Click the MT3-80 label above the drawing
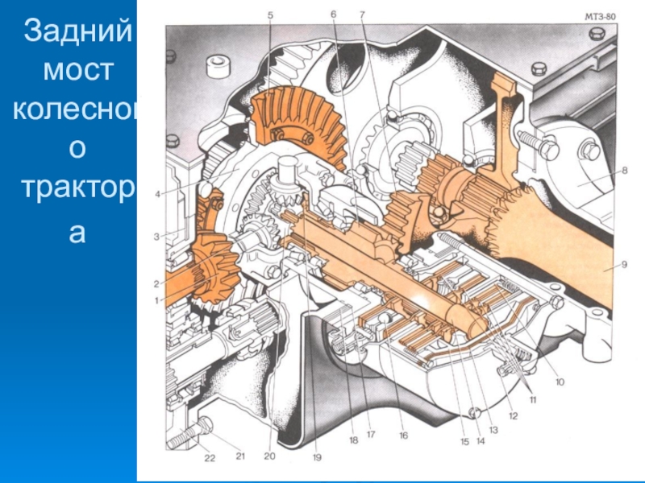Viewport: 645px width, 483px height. pyautogui.click(x=600, y=17)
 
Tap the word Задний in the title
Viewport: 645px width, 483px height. pyautogui.click(x=77, y=31)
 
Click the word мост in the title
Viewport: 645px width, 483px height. pyautogui.click(x=78, y=70)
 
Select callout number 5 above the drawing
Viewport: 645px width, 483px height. pyautogui.click(x=270, y=15)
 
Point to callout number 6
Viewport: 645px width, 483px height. pyautogui.click(x=333, y=14)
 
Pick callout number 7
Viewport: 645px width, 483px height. pyautogui.click(x=362, y=14)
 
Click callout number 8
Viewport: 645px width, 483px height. pyautogui.click(x=624, y=170)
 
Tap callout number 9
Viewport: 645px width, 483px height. pyautogui.click(x=624, y=265)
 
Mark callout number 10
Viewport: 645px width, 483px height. pyautogui.click(x=560, y=382)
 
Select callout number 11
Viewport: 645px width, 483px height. pyautogui.click(x=533, y=399)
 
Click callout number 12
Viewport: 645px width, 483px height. pyautogui.click(x=513, y=416)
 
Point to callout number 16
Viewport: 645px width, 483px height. pyautogui.click(x=404, y=436)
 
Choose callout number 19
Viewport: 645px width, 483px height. pyautogui.click(x=317, y=456)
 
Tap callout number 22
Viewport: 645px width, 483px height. pyautogui.click(x=210, y=457)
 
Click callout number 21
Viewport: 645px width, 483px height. pyautogui.click(x=240, y=456)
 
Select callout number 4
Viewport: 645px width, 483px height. pyautogui.click(x=157, y=194)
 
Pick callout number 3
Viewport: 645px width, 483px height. pyautogui.click(x=156, y=237)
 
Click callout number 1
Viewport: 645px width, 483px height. pyautogui.click(x=156, y=301)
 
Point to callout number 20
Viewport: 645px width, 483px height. pyautogui.click(x=269, y=456)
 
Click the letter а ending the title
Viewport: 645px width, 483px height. pyautogui.click(x=77, y=233)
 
